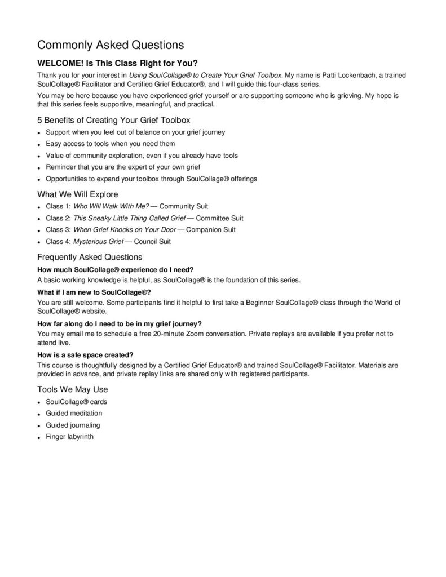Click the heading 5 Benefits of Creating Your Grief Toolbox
[x=114, y=120]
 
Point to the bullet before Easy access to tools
[x=39, y=144]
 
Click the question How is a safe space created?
[x=85, y=354]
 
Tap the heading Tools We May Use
[x=72, y=389]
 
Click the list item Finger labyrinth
[x=69, y=437]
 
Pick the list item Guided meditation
[x=72, y=414]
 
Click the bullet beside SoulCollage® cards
[x=39, y=402]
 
